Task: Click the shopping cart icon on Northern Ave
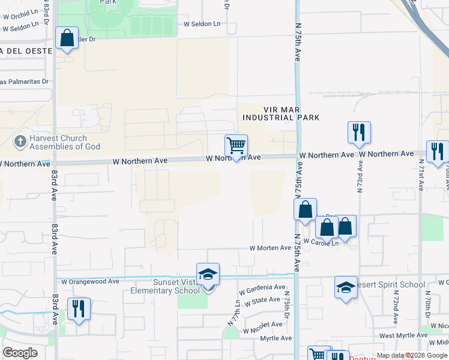click(237, 145)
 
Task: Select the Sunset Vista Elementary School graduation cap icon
click(208, 274)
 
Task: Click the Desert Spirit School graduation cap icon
click(346, 287)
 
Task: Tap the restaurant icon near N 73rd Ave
click(359, 132)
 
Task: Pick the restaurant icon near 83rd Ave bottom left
click(79, 308)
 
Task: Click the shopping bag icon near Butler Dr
click(67, 38)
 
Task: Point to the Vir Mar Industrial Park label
click(280, 113)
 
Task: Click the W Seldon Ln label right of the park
click(202, 24)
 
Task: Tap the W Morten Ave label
click(270, 248)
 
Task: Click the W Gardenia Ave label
click(261, 290)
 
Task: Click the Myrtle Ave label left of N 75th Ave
click(276, 338)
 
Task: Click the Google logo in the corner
click(20, 353)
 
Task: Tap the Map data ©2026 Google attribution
click(412, 355)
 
